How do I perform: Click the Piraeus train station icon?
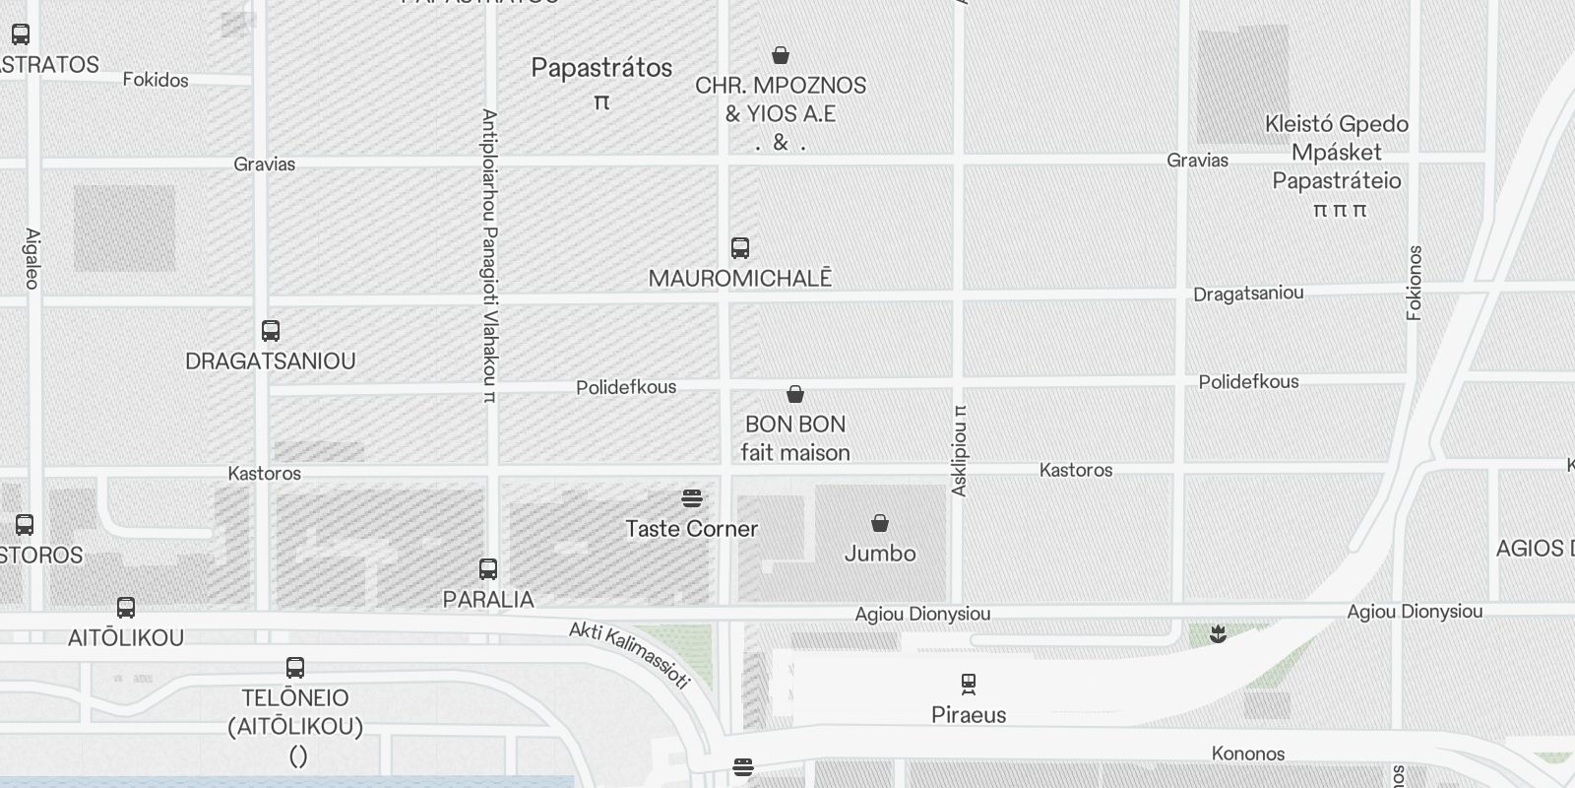(969, 683)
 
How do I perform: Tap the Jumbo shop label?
(880, 554)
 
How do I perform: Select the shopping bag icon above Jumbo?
(880, 523)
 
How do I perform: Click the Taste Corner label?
(692, 529)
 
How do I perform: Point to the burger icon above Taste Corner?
(692, 498)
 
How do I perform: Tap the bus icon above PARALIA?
(488, 568)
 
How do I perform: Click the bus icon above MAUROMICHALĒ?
(740, 247)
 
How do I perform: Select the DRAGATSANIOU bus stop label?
(271, 361)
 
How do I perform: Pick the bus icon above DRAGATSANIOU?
(271, 330)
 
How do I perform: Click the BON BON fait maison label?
(795, 438)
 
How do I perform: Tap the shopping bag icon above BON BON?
(795, 394)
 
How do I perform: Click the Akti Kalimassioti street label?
(630, 654)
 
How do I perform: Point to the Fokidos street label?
(156, 80)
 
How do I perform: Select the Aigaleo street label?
(32, 259)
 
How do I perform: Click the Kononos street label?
(1248, 754)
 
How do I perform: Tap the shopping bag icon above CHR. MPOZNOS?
(781, 55)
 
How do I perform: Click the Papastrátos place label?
(602, 68)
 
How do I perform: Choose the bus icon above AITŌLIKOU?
(126, 607)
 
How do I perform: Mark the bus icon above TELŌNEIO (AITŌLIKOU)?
(295, 667)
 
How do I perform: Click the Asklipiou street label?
(960, 451)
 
